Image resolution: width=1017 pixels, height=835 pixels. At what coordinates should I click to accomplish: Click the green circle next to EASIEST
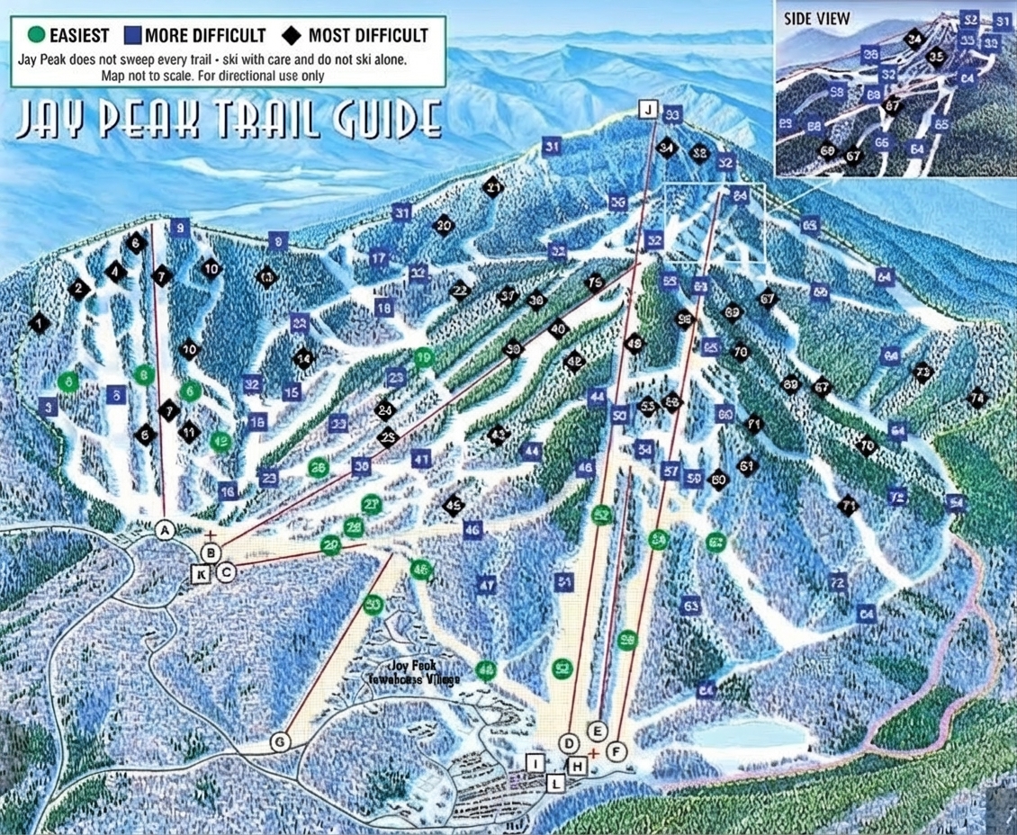[x=35, y=36]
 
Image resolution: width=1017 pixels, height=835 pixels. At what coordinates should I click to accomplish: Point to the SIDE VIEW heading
[x=816, y=19]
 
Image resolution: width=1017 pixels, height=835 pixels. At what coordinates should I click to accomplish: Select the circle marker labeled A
[x=164, y=530]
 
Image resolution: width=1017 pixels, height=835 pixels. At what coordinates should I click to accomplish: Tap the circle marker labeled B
[x=211, y=552]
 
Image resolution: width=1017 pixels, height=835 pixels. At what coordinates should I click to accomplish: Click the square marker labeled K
[x=202, y=573]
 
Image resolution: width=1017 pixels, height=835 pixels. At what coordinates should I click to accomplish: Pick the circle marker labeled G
[x=281, y=741]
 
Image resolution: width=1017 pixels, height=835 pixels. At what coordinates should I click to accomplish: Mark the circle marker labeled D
[x=569, y=742]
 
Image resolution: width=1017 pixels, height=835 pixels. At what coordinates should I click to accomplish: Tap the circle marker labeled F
[x=616, y=750]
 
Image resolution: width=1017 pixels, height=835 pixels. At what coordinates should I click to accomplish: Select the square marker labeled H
[x=578, y=766]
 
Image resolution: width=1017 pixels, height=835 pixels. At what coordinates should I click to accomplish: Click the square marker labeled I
[x=536, y=764]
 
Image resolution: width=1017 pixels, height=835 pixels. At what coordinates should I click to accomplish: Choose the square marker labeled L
[x=556, y=784]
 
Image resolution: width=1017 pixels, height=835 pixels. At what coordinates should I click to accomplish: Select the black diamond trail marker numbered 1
[x=38, y=322]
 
